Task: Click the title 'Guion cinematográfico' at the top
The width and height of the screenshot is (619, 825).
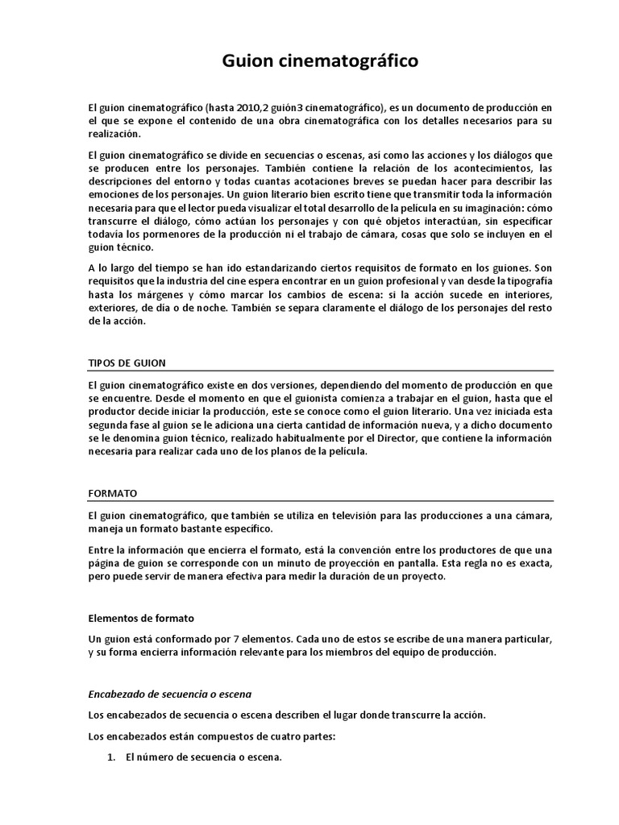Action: (309, 62)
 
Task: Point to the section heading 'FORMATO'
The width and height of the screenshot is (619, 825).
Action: (112, 492)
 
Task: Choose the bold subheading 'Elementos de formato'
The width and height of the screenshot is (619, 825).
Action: (140, 618)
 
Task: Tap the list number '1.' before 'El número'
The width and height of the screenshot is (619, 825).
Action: (113, 757)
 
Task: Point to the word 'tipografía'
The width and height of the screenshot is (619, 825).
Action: (525, 281)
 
